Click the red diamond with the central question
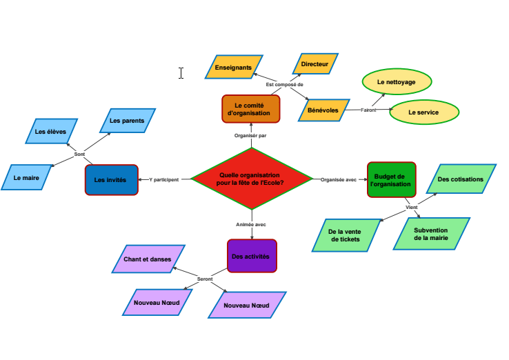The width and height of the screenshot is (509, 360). [x=252, y=179]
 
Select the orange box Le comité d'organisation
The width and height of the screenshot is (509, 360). [x=251, y=109]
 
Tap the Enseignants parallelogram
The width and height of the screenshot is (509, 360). [x=234, y=68]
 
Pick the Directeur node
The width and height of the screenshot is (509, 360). [x=315, y=64]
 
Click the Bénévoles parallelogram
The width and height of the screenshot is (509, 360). [x=323, y=110]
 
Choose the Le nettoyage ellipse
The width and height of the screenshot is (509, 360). [x=397, y=81]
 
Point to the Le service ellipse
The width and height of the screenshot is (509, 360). [x=423, y=112]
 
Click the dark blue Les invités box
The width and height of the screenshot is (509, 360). [x=111, y=179]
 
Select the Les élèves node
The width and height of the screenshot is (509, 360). [x=51, y=131]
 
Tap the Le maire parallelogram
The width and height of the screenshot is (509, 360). [x=27, y=177]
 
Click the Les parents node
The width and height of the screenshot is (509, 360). [x=128, y=121]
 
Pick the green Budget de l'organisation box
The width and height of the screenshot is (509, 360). [x=391, y=180]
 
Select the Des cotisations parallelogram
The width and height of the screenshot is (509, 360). [x=461, y=179]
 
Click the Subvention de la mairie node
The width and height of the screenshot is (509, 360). [x=431, y=234]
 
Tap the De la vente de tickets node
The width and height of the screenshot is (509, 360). [x=346, y=235]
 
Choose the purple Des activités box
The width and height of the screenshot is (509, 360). [x=252, y=256]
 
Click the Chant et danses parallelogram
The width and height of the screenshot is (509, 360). [x=148, y=259]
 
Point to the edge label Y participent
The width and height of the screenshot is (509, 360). [x=164, y=179]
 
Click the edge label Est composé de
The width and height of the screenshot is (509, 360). [x=285, y=84]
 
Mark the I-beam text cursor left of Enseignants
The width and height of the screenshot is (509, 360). [x=181, y=73]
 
